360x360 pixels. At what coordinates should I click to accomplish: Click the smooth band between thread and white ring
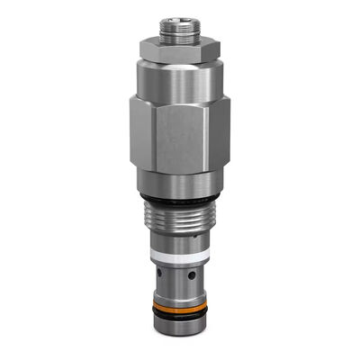tap(176, 247)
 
